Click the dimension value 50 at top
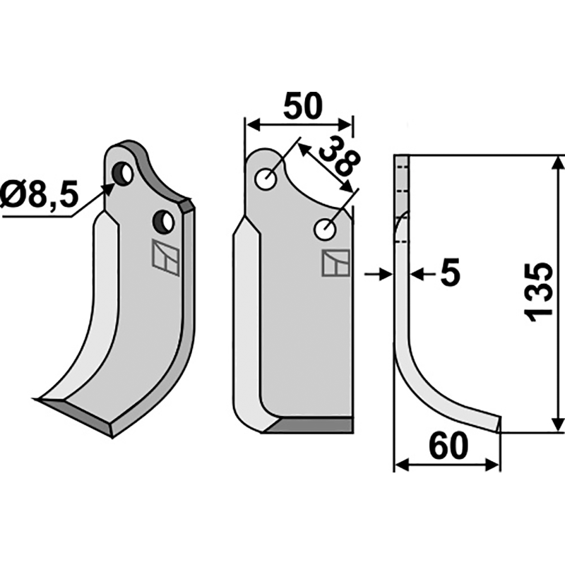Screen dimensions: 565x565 (302, 106)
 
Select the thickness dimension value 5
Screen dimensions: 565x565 (449, 273)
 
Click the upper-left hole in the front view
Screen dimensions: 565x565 (267, 179)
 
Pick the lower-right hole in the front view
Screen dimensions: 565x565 (326, 228)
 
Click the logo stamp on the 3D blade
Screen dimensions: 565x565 (166, 256)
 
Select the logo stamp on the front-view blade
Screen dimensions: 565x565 (335, 263)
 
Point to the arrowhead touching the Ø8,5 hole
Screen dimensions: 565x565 (109, 186)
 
